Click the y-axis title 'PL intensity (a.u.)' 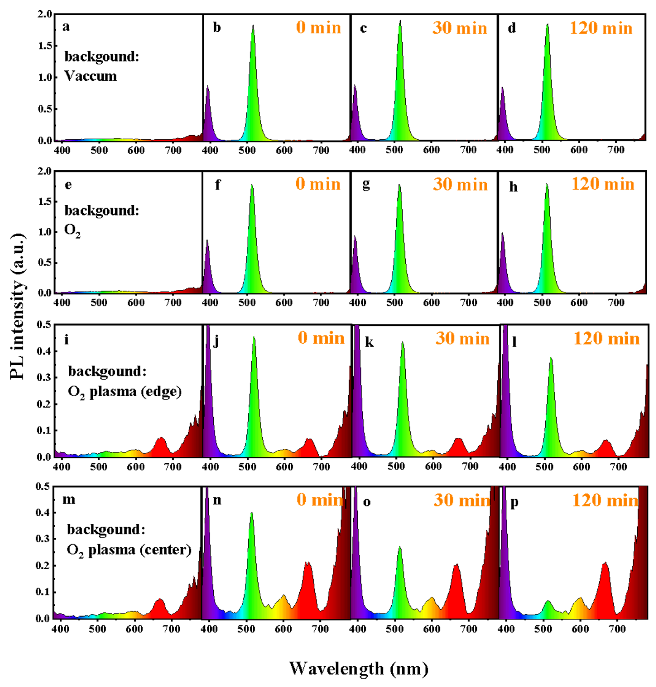coord(18,307)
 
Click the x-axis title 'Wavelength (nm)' coord(359,669)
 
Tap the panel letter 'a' coord(66,27)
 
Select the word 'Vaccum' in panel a coord(90,76)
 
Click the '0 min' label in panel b coord(318,28)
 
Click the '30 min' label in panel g coord(460,184)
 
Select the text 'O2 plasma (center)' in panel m coord(129,550)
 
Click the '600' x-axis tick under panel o coord(432,629)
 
